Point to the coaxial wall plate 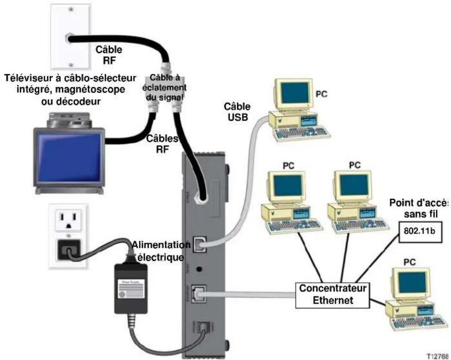tap(71, 36)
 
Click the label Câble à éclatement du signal tap(166, 87)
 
